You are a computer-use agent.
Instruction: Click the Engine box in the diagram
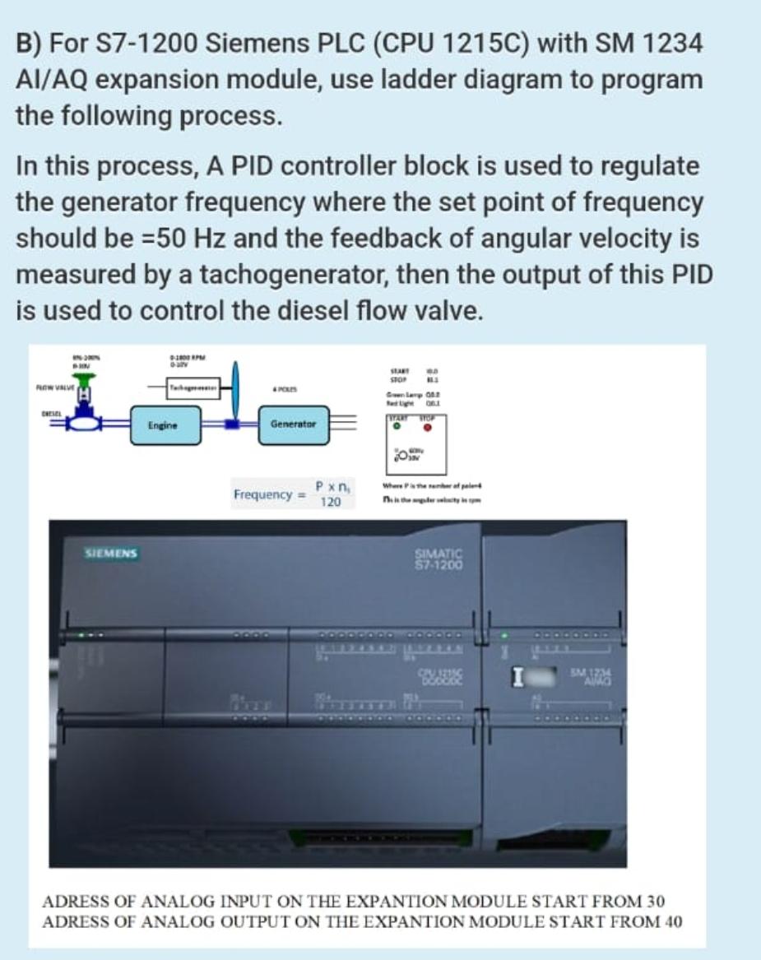pos(160,425)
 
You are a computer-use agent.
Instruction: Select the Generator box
pos(294,424)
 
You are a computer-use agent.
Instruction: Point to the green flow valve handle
pos(84,377)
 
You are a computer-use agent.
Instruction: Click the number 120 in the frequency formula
pos(330,502)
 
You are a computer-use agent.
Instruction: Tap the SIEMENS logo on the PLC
pos(112,554)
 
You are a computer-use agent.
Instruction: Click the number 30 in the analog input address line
pos(657,901)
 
